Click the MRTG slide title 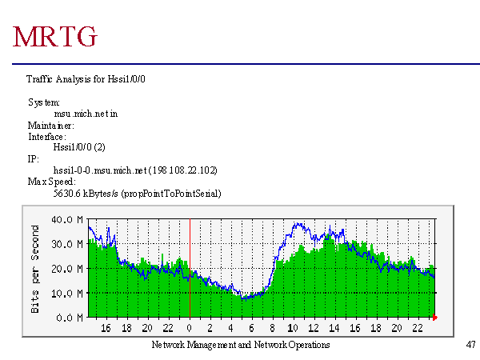(x=56, y=36)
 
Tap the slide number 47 (x=470, y=345)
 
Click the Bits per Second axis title (x=36, y=268)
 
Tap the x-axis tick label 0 (x=189, y=328)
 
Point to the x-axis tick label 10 (x=293, y=328)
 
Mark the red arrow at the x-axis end (x=436, y=318)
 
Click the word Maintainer (x=50, y=126)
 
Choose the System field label (x=43, y=103)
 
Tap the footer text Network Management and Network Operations (x=240, y=345)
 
